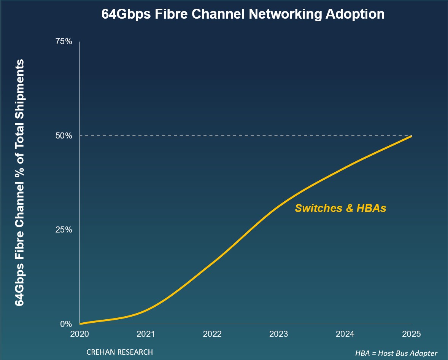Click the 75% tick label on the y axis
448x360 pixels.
(x=64, y=41)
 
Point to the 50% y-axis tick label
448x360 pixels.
(x=64, y=136)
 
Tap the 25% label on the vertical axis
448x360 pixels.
(x=64, y=230)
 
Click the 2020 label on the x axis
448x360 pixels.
(x=80, y=334)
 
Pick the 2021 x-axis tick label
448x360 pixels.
(x=146, y=334)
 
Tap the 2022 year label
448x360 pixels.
(x=212, y=334)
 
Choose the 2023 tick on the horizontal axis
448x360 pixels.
(x=279, y=334)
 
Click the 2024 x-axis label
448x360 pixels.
(x=345, y=334)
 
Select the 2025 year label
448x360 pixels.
(x=411, y=334)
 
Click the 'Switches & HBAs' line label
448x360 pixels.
(x=340, y=208)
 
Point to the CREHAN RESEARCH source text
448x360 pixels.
(x=120, y=352)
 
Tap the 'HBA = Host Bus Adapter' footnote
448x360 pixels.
(x=396, y=353)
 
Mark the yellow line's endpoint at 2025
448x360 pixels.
(x=411, y=136)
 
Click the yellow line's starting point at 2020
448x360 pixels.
(x=80, y=324)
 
